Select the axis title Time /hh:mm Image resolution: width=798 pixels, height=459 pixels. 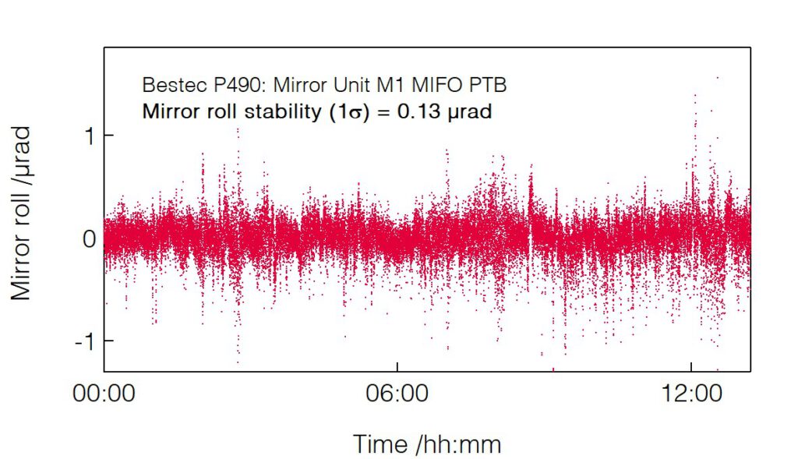click(427, 444)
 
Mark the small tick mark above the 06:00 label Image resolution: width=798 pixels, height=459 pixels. click(397, 367)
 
